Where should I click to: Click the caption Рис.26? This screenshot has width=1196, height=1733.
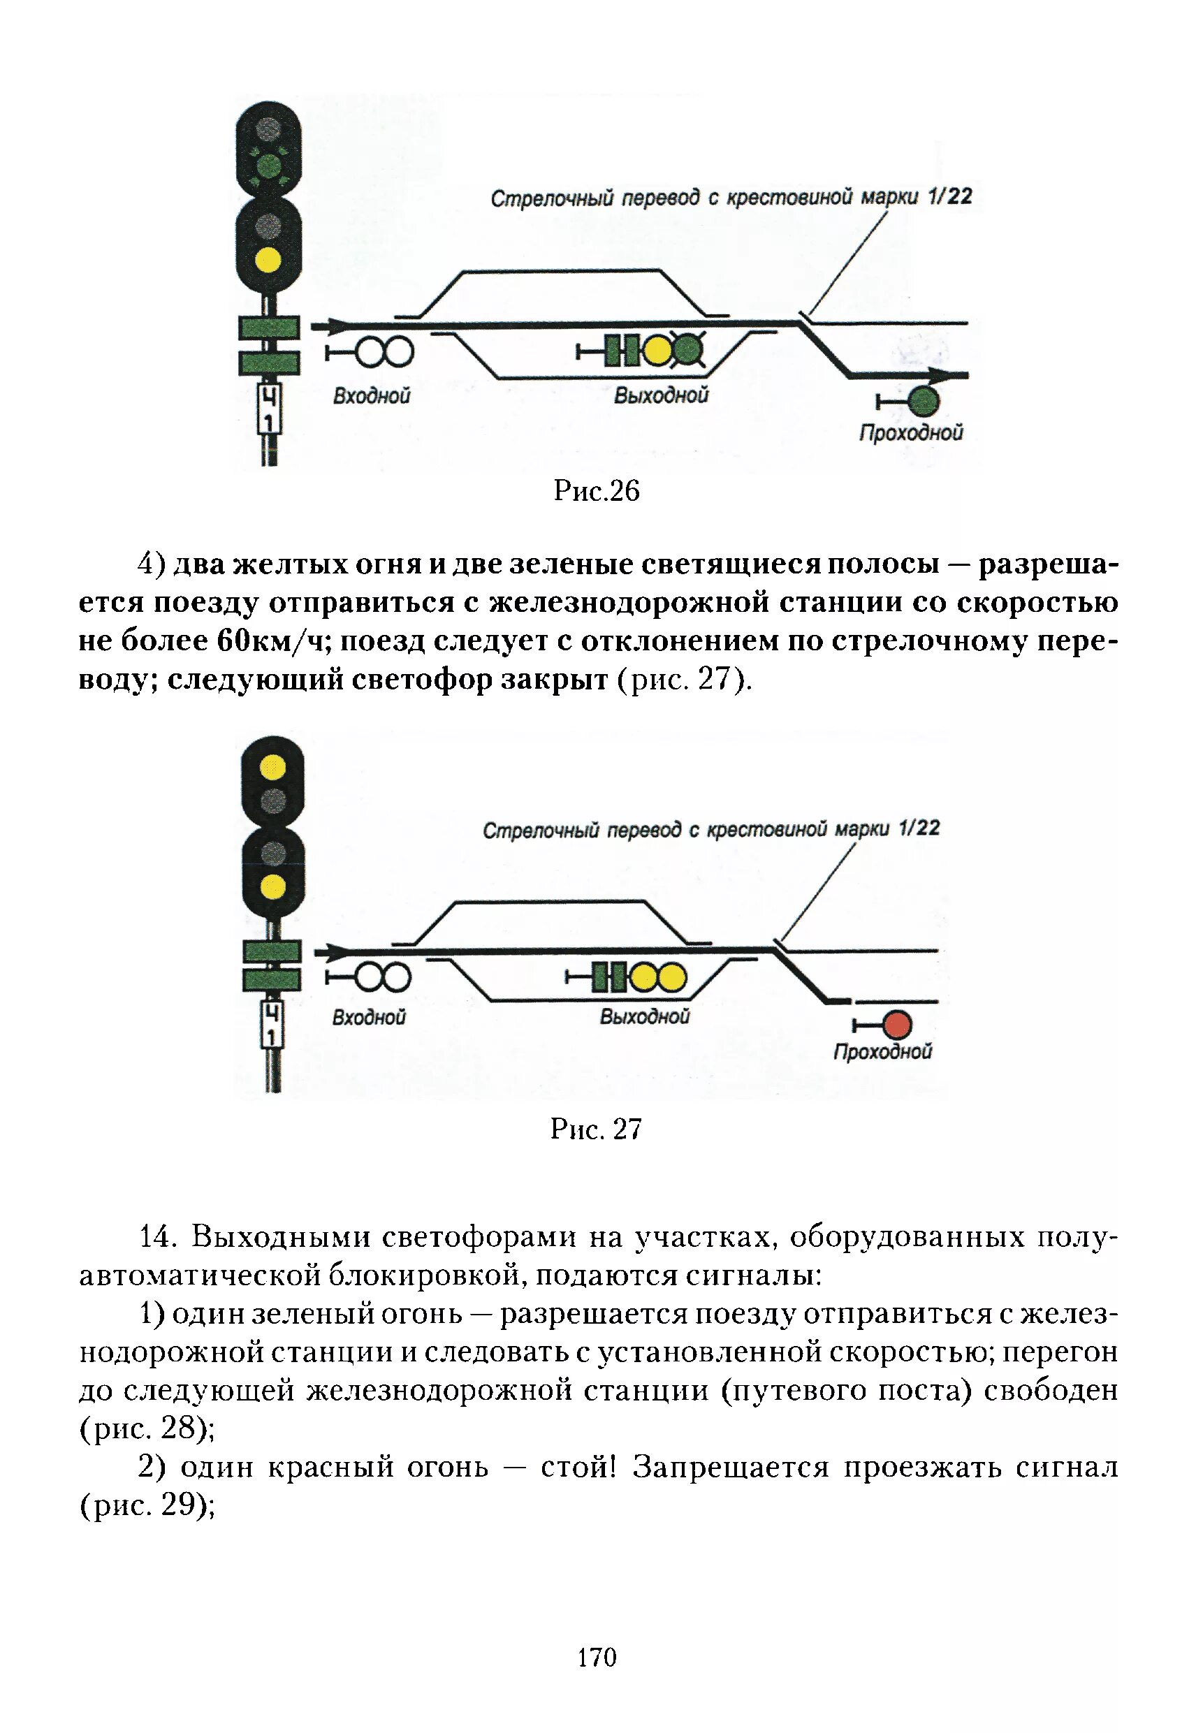click(597, 491)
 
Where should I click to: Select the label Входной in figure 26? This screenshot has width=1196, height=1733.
click(372, 395)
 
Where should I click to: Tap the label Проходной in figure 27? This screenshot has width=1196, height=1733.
click(883, 1051)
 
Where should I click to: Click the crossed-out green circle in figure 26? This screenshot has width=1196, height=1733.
click(688, 350)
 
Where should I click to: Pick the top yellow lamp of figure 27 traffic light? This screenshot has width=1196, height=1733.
click(272, 766)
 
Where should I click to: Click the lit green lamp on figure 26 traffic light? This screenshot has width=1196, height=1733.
click(268, 165)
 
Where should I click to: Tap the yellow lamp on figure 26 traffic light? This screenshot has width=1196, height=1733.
click(268, 260)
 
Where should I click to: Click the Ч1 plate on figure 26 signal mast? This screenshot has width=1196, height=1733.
click(269, 409)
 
